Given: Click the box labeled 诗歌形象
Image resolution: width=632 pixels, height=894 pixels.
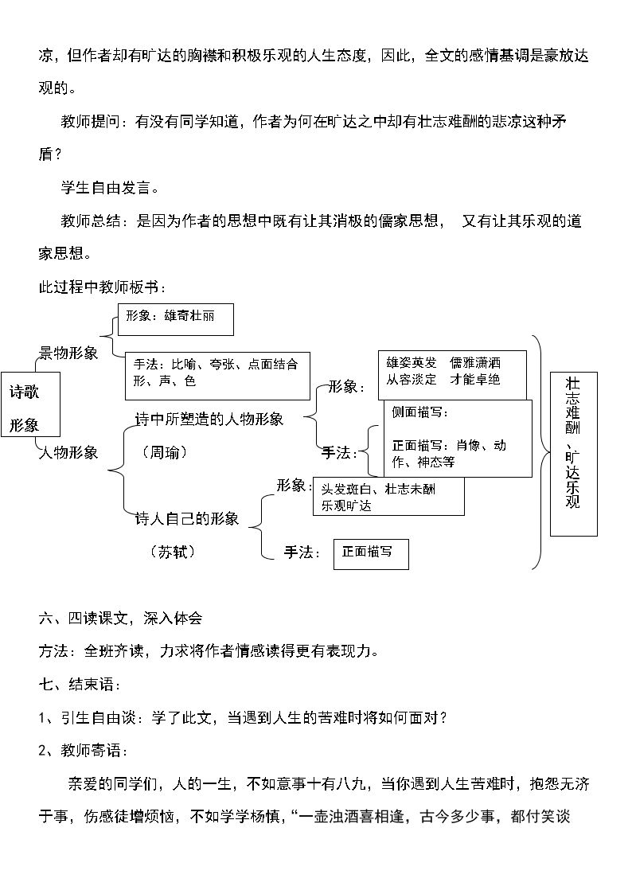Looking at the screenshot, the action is [x=31, y=405].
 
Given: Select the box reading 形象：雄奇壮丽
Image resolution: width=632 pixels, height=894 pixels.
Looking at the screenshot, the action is [x=176, y=319].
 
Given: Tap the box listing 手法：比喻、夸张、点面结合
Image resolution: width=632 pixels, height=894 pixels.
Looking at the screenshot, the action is [x=217, y=376].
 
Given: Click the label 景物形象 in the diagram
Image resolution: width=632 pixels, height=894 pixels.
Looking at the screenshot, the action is [x=68, y=353].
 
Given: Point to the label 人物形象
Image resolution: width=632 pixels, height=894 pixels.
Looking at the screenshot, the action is [x=68, y=453].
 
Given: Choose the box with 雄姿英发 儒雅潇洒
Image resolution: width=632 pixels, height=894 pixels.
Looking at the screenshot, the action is [x=452, y=375].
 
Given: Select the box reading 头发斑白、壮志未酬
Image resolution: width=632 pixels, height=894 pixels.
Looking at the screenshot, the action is [x=388, y=497].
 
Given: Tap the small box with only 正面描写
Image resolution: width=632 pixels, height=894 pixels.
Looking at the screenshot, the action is [x=371, y=554].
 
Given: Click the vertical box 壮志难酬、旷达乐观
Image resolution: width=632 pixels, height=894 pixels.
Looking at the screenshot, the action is [x=573, y=455].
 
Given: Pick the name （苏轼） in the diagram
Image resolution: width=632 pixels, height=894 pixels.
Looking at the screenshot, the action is [x=173, y=552].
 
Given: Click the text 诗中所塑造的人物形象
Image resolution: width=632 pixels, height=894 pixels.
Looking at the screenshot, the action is [x=209, y=420].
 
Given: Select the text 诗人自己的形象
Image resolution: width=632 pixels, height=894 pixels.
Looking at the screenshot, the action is [x=187, y=519].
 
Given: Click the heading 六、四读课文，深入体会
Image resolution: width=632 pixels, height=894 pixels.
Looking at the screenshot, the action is [x=120, y=618].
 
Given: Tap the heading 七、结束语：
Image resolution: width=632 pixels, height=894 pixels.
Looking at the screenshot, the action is [x=80, y=684].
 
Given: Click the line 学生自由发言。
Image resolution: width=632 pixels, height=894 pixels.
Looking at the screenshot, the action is [x=110, y=188].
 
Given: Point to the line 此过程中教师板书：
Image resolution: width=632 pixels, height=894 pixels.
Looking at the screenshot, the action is [x=103, y=287].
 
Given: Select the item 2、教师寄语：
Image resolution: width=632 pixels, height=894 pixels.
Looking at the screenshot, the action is [x=84, y=751].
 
